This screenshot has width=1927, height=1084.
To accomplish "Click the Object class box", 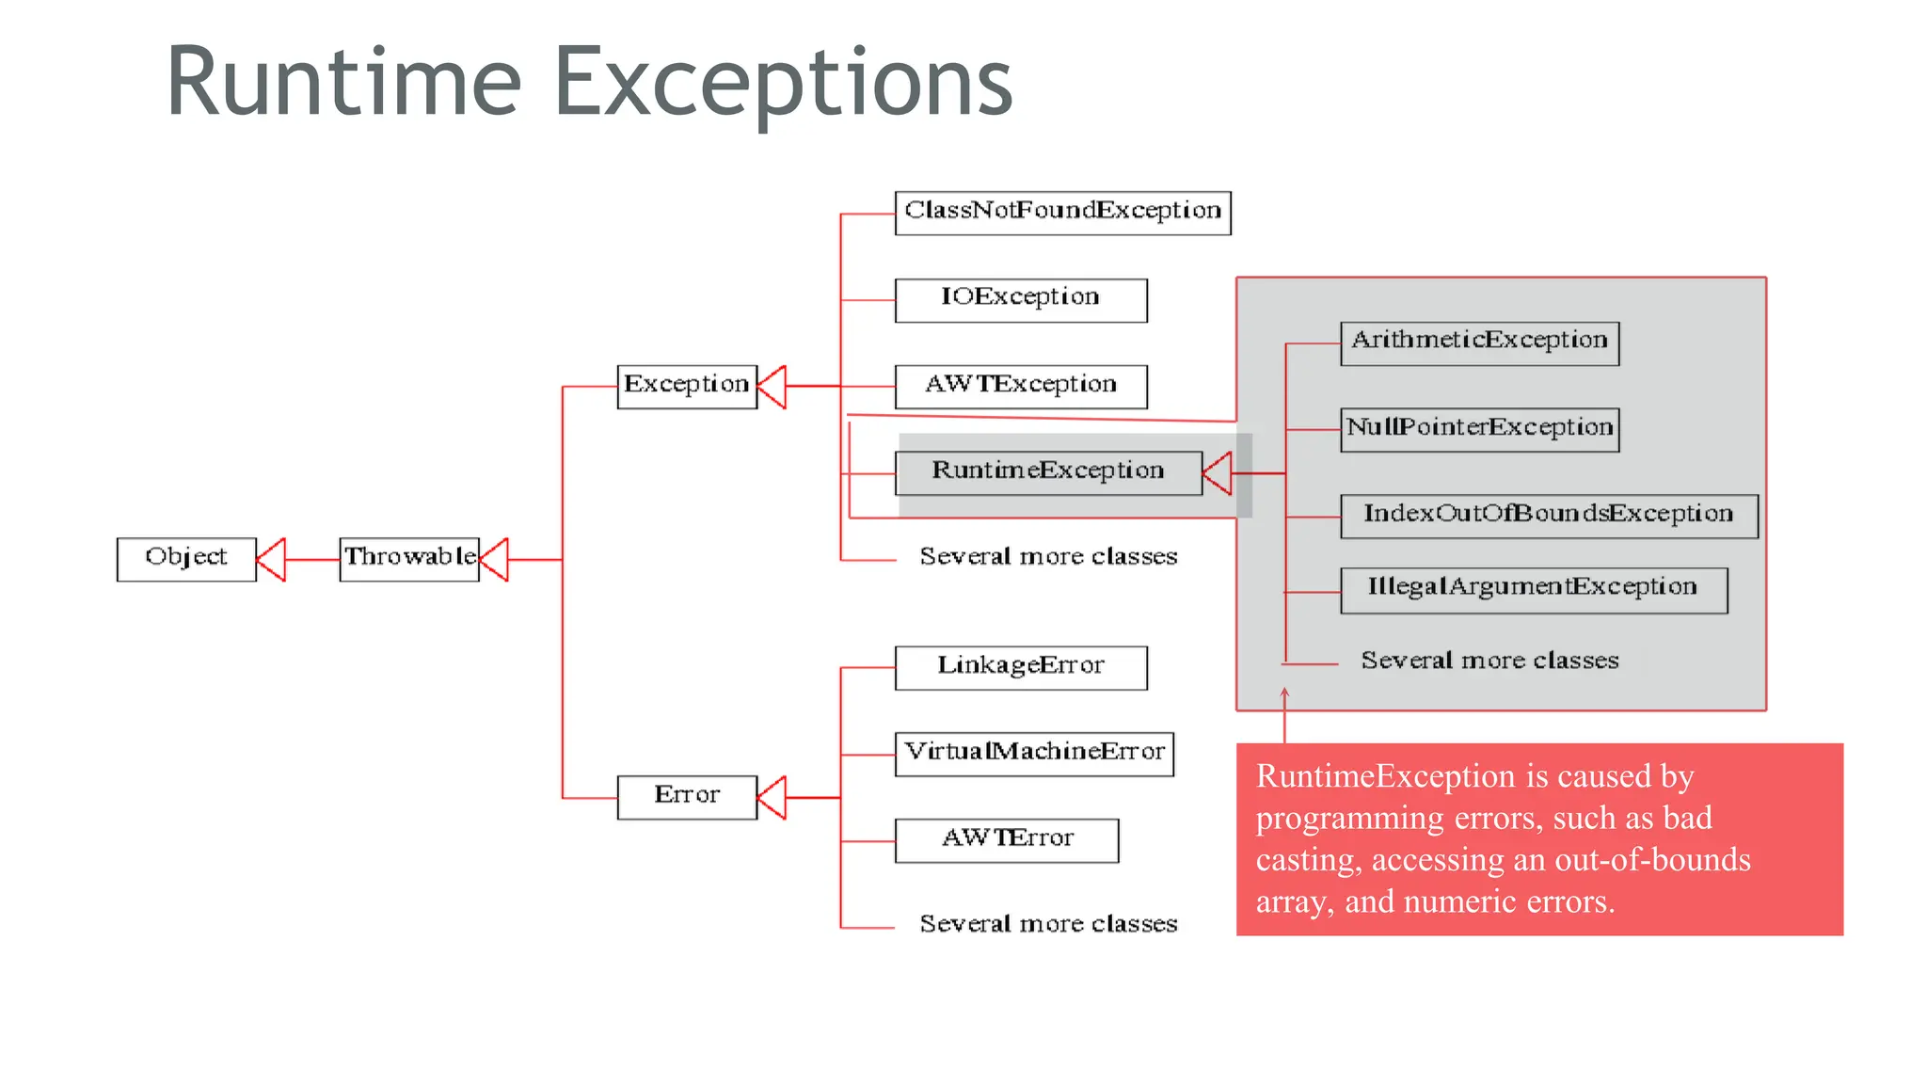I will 186,559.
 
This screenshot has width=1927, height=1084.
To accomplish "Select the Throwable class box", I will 409,559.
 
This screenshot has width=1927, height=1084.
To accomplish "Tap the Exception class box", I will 687,386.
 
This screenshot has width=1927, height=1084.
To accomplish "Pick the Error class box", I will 687,797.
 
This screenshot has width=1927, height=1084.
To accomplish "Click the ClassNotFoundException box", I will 1062,213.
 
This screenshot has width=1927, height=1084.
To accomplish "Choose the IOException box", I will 1021,300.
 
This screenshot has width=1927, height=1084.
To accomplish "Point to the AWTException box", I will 1021,386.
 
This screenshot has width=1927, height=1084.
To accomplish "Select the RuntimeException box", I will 1048,472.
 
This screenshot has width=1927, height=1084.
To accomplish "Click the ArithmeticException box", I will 1479,343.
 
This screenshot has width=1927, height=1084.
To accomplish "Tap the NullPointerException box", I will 1479,429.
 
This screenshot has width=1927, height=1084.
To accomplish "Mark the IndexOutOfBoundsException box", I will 1549,516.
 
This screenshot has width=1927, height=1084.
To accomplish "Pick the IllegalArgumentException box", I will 1534,590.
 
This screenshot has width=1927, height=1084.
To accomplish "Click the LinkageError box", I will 1021,667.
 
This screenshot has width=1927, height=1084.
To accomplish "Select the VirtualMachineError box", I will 1034,754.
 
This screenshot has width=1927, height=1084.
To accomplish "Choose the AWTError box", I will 1007,840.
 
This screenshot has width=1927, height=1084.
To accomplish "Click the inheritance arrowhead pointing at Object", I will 272,559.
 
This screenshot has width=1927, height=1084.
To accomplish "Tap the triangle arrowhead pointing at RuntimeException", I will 1218,472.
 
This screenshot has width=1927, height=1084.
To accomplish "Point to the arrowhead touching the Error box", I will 772,797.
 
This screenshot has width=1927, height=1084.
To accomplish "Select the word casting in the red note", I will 1308,860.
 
